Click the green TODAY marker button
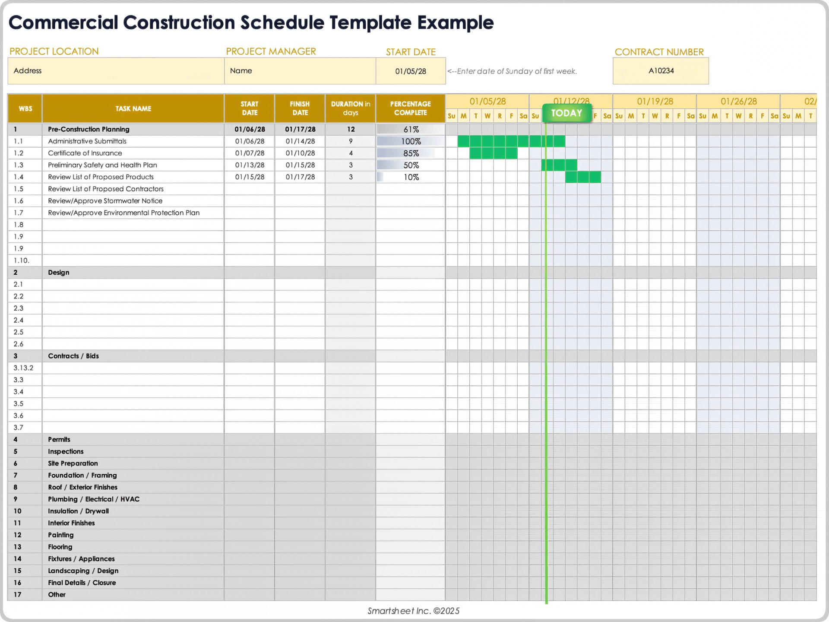pos(566,113)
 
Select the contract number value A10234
pos(661,71)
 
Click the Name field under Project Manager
pos(241,71)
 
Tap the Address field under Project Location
pos(28,71)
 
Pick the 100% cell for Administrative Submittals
pos(411,141)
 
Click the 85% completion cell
pos(411,153)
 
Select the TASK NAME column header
pos(133,108)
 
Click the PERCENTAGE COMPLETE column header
pos(410,108)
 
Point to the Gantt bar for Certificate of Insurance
pos(493,153)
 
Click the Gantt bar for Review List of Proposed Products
pos(583,177)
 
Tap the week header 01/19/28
pos(655,102)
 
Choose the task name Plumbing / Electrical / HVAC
pos(94,499)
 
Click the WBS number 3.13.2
pos(23,368)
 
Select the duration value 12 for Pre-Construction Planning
pos(351,129)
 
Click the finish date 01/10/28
pos(300,153)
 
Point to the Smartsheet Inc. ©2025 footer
pos(413,611)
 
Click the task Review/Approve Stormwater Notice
pos(105,201)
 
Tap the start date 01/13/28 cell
pos(250,165)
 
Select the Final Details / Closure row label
pos(82,583)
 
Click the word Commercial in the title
pos(63,22)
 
